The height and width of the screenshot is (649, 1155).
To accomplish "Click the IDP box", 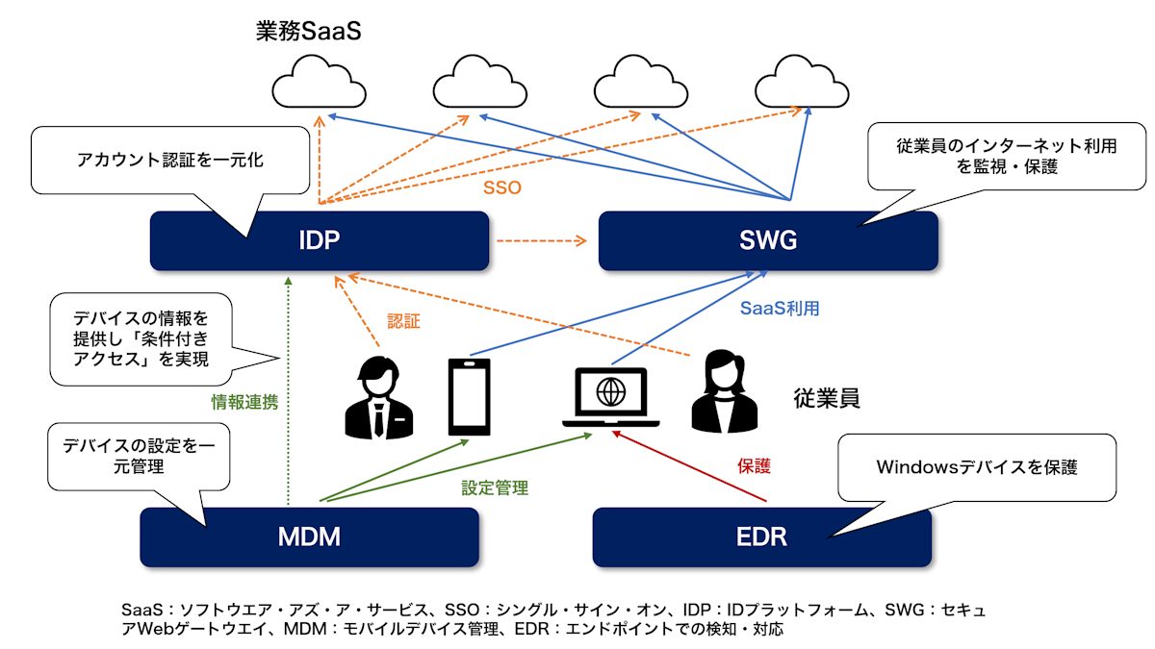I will (x=320, y=240).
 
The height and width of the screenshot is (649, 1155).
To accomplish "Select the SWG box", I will (x=768, y=240).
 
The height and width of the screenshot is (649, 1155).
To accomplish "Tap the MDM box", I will (x=309, y=537).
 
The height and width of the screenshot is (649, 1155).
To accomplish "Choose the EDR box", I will (x=761, y=537).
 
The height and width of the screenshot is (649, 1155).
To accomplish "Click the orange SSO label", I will (x=501, y=187).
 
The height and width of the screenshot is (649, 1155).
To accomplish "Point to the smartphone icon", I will (x=469, y=396).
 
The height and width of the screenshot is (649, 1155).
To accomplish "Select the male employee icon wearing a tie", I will (x=379, y=396).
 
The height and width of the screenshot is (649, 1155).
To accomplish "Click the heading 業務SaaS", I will (x=307, y=31).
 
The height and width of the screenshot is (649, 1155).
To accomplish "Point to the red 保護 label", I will (x=755, y=466).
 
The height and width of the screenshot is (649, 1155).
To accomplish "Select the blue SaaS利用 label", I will (x=780, y=309).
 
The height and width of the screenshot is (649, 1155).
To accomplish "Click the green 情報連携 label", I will (x=244, y=401).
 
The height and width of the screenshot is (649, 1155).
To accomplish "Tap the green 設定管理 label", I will (x=495, y=487).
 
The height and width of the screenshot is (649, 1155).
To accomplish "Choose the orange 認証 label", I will (x=403, y=321).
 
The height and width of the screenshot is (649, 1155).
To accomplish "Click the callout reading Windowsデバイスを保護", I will (x=976, y=468).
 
